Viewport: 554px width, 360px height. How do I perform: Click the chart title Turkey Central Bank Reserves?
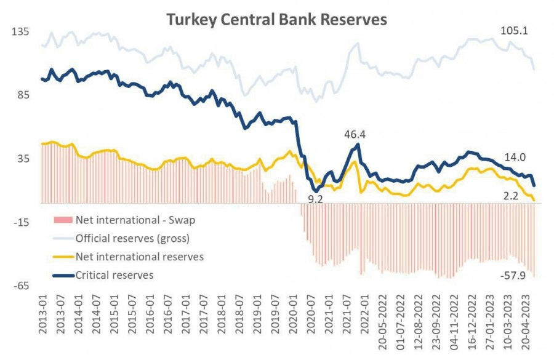point(276,20)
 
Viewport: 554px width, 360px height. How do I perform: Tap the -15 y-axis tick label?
point(22,222)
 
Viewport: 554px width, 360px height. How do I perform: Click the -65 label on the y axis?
point(22,286)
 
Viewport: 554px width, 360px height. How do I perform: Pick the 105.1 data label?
point(512,30)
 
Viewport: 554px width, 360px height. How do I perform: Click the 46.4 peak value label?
point(355,134)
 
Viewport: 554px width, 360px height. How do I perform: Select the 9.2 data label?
point(315,198)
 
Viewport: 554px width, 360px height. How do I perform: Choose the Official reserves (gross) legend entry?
point(132,238)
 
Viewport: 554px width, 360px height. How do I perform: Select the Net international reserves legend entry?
point(139,256)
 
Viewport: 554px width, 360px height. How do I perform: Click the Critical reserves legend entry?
point(114,275)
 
